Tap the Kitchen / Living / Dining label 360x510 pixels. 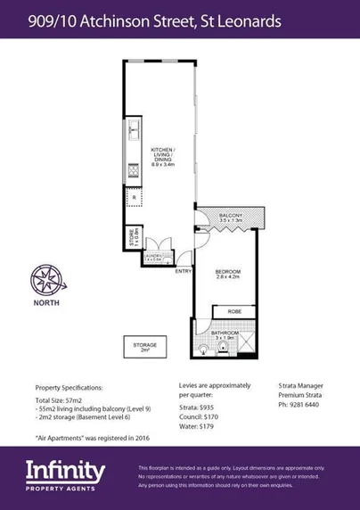(x=163, y=156)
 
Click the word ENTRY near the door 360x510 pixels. (x=183, y=270)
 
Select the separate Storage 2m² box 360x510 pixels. (x=144, y=347)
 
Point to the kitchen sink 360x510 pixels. (x=134, y=132)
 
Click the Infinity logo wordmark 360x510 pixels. (x=65, y=470)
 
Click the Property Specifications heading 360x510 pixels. (x=69, y=388)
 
